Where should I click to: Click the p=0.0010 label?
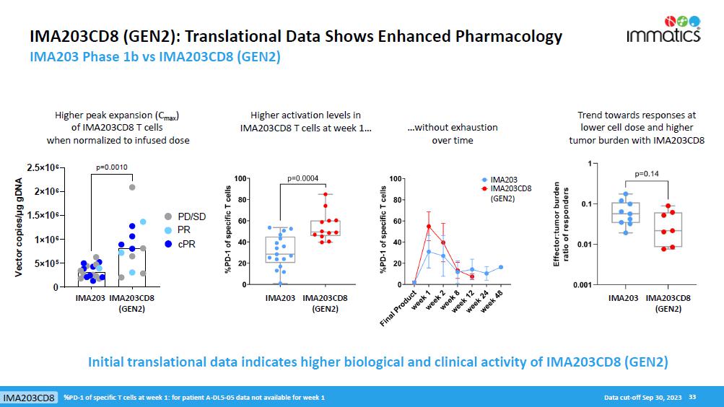pos(112,167)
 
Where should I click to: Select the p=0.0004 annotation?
pos(302,178)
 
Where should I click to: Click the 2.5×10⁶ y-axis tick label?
pos(45,168)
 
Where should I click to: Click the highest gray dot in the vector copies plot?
pos(132,188)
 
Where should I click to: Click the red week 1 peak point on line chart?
pos(429,227)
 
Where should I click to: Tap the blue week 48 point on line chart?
pos(500,267)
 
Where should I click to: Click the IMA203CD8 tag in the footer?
pos(29,398)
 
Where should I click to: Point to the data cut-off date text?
pos(644,398)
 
